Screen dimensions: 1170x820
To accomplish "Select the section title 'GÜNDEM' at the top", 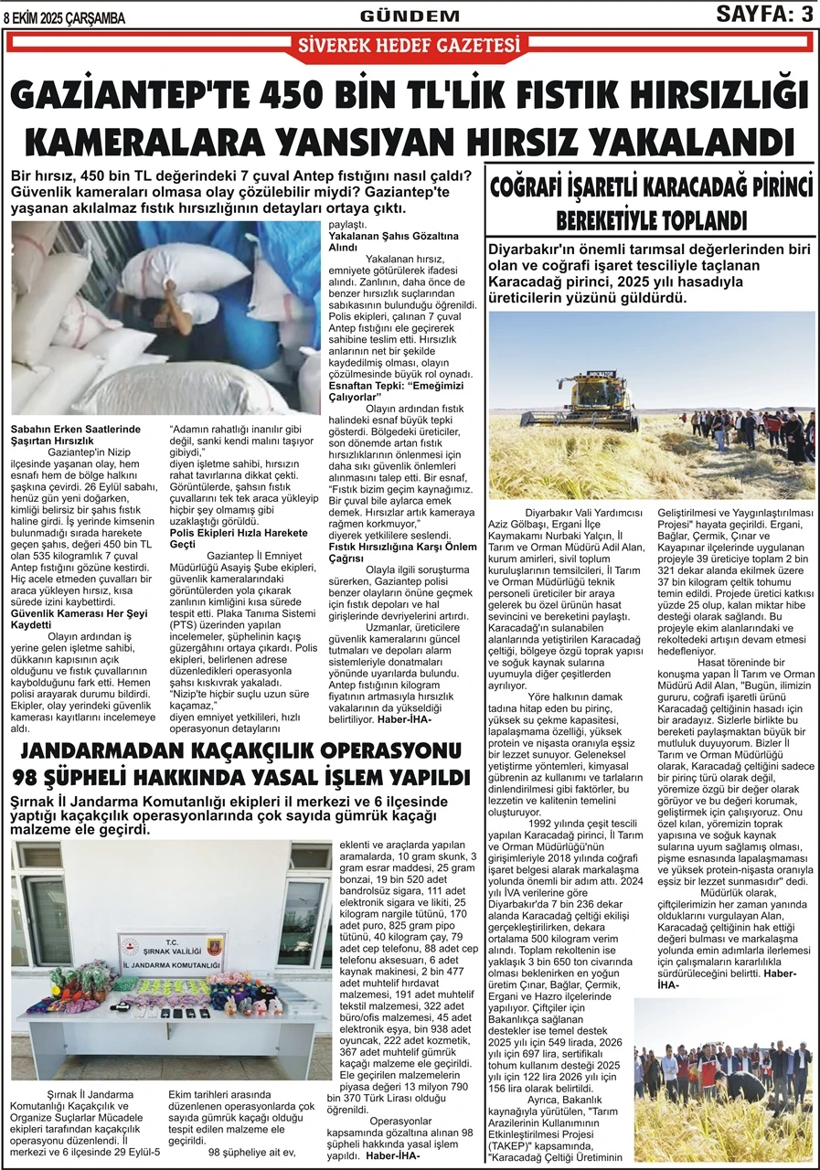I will click(x=410, y=16).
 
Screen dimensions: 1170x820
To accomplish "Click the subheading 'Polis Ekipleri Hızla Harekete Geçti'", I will click(x=239, y=537).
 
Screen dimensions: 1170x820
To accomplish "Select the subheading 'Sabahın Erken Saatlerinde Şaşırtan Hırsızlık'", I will click(x=74, y=432).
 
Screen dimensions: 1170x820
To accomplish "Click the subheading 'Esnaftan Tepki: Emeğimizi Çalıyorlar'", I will click(x=394, y=391).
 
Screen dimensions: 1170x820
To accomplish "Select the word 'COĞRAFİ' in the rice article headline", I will click(x=535, y=189).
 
